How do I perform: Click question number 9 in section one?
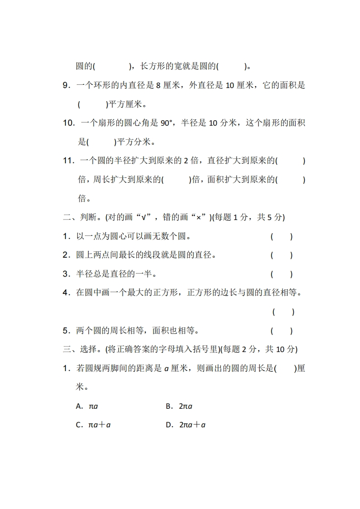coord(66,85)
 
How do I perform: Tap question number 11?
coord(68,161)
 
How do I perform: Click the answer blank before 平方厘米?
coord(93,104)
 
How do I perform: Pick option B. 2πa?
coord(179,406)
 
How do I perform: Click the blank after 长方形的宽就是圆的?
coord(232,67)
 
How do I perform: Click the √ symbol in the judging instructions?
coord(144,217)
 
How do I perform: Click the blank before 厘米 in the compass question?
coord(285,368)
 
